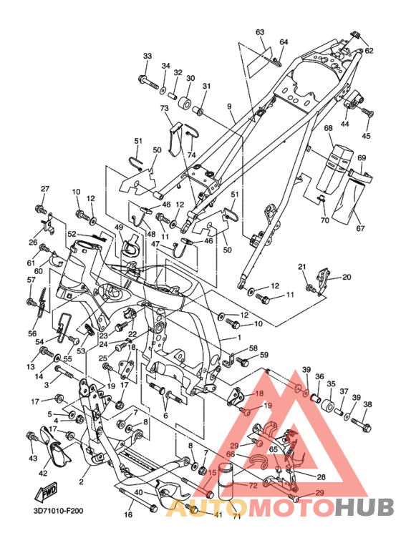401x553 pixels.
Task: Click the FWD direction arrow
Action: coord(45,491)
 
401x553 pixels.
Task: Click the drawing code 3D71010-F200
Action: coord(59,510)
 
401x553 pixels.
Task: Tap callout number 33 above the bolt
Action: coord(148,56)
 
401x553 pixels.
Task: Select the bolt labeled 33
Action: coord(149,82)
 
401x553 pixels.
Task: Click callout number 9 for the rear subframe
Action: coord(229,106)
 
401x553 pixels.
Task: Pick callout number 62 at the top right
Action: coord(369,50)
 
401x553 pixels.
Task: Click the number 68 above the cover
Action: coord(328,127)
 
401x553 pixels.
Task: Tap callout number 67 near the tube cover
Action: coord(360,228)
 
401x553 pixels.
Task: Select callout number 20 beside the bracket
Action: coord(347,277)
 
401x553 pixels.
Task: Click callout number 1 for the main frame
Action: coord(239,338)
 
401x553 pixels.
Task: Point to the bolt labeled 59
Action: coord(243,361)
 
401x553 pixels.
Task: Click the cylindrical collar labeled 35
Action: coord(327,406)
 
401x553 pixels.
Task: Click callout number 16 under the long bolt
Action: coord(128,514)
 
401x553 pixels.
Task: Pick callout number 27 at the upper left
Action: coord(45,189)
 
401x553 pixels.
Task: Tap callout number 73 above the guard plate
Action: coord(165,108)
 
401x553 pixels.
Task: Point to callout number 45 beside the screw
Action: coord(366,136)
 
